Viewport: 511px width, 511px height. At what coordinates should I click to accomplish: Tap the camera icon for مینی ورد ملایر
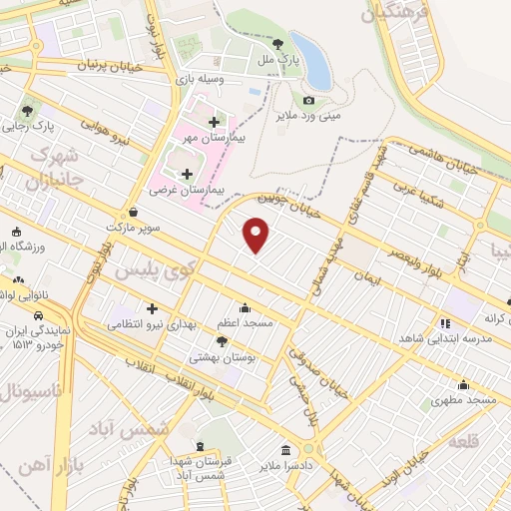(308, 100)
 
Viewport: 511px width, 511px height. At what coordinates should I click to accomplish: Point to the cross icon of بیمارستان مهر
(214, 122)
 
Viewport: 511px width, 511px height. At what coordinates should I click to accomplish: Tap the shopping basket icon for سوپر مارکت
(134, 212)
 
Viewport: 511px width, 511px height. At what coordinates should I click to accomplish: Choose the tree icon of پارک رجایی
(26, 111)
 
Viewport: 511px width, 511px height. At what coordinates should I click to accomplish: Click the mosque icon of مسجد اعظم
(245, 307)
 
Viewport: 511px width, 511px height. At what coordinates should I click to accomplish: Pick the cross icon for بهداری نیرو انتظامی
(152, 308)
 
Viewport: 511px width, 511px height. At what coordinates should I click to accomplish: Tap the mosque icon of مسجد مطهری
(463, 384)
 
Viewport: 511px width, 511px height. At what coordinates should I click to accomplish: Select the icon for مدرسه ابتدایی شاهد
(444, 323)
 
